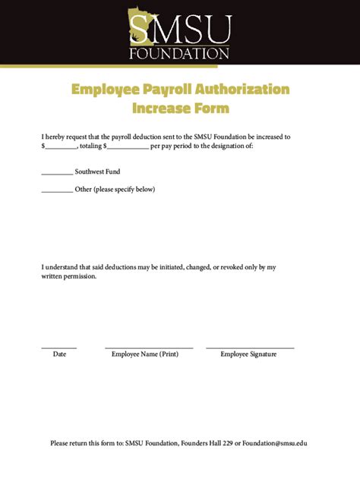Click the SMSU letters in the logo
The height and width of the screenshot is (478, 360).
click(x=179, y=31)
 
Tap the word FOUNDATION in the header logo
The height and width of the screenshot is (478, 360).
click(x=179, y=54)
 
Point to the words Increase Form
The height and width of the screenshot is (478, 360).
click(x=180, y=108)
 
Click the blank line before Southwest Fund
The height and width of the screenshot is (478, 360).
click(x=57, y=174)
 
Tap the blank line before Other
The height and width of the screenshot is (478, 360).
click(x=57, y=191)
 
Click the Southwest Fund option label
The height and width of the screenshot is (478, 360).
click(x=97, y=172)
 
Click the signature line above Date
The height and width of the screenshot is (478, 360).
click(x=58, y=347)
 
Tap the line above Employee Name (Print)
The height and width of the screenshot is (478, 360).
click(x=149, y=347)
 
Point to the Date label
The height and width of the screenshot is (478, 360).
click(x=59, y=354)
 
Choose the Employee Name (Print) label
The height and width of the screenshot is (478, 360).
click(x=145, y=354)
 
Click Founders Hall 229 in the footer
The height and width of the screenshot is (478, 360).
click(x=207, y=443)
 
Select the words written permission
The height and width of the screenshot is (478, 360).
click(x=69, y=277)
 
